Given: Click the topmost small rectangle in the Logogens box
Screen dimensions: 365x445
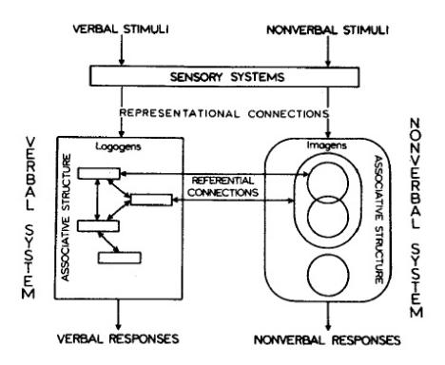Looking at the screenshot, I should pos(101,173).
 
